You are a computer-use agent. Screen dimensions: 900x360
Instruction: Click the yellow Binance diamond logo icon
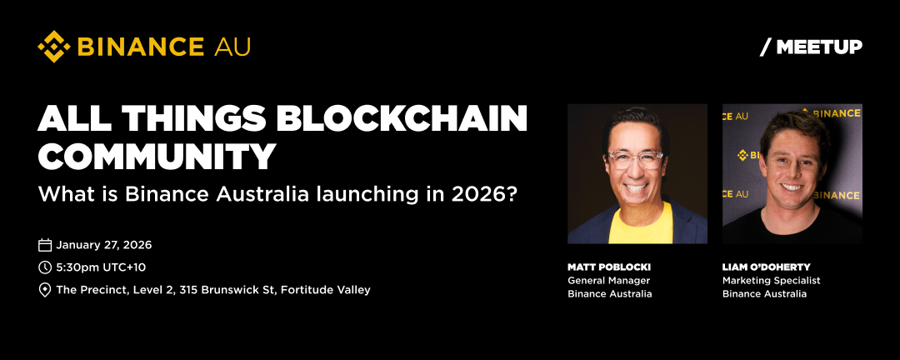coord(54,47)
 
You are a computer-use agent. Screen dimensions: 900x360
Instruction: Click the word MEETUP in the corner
coord(819,47)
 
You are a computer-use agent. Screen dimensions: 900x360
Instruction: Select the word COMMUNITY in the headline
coord(157,156)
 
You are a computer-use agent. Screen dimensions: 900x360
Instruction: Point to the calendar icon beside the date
coord(45,245)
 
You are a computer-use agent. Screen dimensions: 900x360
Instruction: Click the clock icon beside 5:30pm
coord(45,267)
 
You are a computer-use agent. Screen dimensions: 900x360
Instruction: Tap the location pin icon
coord(45,290)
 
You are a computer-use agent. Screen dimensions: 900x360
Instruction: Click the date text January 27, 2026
coord(104,245)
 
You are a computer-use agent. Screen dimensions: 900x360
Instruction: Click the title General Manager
coord(609,281)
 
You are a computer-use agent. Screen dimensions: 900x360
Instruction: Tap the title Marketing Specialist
coord(772,281)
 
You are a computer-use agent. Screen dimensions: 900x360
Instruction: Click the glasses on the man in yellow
coord(635,159)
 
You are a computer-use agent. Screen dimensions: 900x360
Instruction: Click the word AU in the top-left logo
coord(232,47)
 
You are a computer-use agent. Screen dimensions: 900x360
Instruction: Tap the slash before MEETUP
coord(765,47)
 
